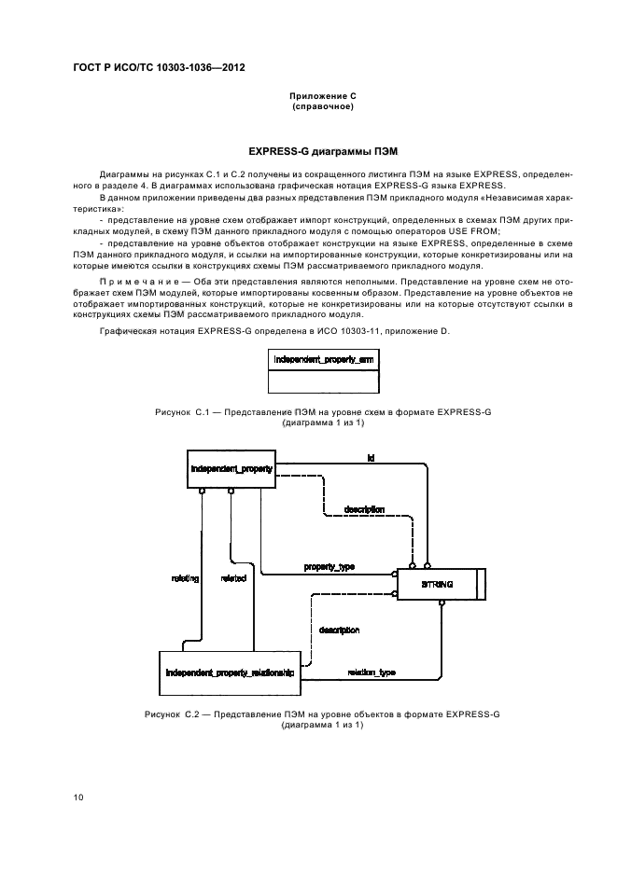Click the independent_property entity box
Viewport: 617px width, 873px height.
tap(231, 470)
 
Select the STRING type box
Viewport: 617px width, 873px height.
tap(438, 584)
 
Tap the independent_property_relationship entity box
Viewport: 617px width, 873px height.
tap(229, 672)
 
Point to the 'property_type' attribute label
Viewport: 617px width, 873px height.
tap(329, 567)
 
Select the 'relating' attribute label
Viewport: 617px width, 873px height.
tap(185, 578)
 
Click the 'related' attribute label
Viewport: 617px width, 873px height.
tap(233, 578)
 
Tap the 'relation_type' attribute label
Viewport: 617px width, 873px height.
tap(371, 672)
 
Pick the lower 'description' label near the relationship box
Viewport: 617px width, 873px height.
tap(339, 630)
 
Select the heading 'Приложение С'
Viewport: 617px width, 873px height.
tap(323, 97)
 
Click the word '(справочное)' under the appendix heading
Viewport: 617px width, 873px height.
tap(323, 107)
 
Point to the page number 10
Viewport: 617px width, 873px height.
tap(78, 797)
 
